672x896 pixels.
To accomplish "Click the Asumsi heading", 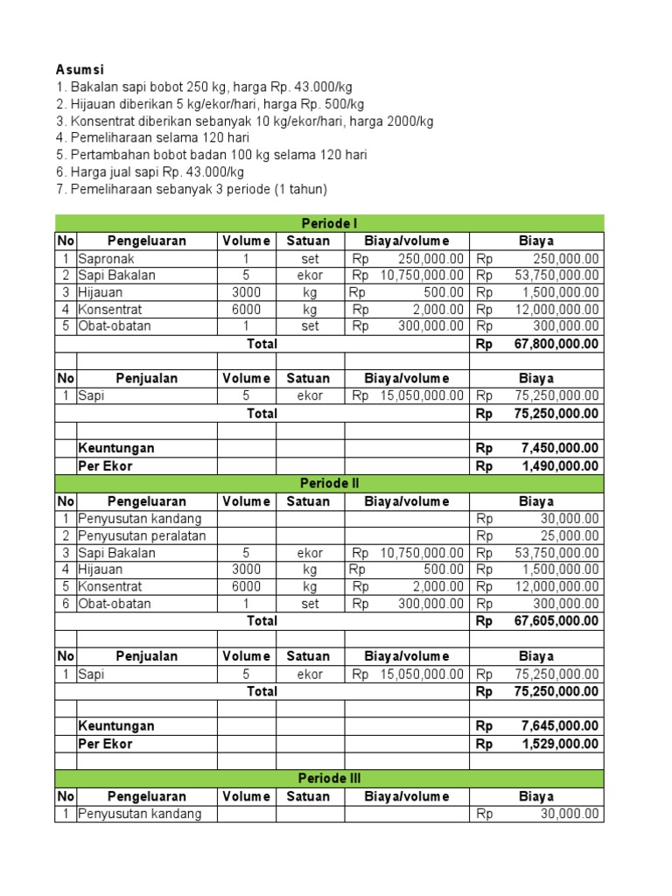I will pyautogui.click(x=80, y=69).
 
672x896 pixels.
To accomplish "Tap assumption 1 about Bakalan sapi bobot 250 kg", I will pyautogui.click(x=203, y=87).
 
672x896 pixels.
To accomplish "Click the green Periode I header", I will pyautogui.click(x=329, y=223).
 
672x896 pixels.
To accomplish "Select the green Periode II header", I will pyautogui.click(x=329, y=483).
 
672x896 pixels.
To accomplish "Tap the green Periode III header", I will pyautogui.click(x=329, y=778).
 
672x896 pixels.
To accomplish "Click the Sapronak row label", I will pyautogui.click(x=106, y=258).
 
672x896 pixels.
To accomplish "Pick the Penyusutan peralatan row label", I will pyautogui.click(x=142, y=535).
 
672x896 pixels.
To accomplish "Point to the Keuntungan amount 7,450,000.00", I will pyautogui.click(x=560, y=448).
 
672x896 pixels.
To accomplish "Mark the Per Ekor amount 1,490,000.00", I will pyautogui.click(x=560, y=465).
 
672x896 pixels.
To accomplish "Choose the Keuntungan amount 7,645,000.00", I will pyautogui.click(x=560, y=725).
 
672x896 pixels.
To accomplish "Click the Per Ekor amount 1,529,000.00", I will pyautogui.click(x=560, y=743).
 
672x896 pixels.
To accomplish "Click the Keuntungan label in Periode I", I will pyautogui.click(x=116, y=448).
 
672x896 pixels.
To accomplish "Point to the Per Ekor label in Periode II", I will pyautogui.click(x=106, y=743).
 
